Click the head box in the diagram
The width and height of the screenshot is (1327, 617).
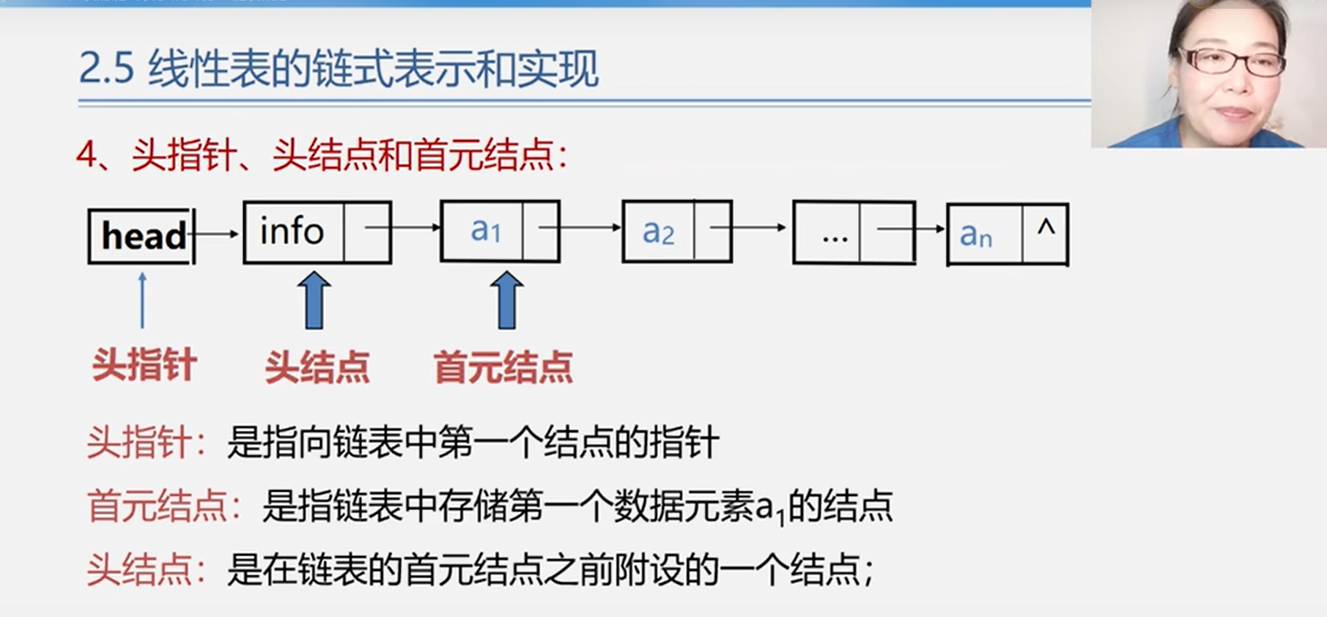point(141,236)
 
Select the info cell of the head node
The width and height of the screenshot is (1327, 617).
point(292,232)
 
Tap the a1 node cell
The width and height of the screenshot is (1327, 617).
point(483,231)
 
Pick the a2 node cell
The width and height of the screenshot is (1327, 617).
point(657,232)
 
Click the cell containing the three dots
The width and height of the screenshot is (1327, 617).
point(828,232)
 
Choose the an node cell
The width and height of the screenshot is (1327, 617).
point(983,234)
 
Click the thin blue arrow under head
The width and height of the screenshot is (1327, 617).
point(142,300)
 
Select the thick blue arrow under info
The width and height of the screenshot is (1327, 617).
point(314,300)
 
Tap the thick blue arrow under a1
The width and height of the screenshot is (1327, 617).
point(506,300)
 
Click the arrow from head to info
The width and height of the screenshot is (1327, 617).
point(216,234)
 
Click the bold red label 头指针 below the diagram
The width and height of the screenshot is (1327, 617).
point(144,364)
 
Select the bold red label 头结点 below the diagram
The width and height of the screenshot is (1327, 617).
point(317,366)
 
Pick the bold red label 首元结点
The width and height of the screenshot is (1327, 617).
point(503,366)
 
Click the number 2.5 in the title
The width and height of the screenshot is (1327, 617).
point(106,70)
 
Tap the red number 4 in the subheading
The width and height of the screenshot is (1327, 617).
point(86,155)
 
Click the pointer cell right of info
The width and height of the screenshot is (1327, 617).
point(367,232)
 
